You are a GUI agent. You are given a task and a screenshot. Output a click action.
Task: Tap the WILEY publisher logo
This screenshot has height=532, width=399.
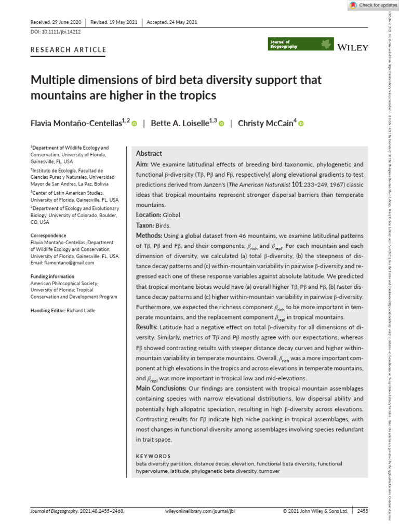(353, 47)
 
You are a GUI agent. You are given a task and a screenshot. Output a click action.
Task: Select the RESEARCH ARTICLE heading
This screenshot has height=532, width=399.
(69, 50)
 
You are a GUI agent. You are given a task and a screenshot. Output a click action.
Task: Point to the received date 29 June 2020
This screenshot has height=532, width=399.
(64, 22)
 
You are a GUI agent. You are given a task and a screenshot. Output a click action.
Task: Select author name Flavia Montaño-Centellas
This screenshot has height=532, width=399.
(79, 123)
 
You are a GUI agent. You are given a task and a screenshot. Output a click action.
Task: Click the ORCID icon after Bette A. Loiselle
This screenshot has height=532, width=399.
(221, 124)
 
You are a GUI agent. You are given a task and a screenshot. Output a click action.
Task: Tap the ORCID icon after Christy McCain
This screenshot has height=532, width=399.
(301, 124)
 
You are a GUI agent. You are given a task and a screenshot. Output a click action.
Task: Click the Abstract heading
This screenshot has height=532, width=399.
(149, 154)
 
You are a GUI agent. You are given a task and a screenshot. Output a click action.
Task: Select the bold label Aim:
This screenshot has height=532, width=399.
(142, 164)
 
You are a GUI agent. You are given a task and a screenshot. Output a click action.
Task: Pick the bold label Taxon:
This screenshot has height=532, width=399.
(145, 225)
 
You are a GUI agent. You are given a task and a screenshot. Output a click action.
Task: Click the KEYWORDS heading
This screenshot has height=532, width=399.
(153, 456)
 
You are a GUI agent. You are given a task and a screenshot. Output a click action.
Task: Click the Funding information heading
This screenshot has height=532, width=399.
(52, 276)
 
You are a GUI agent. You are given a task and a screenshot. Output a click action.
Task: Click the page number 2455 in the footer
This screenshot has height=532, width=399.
(363, 511)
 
